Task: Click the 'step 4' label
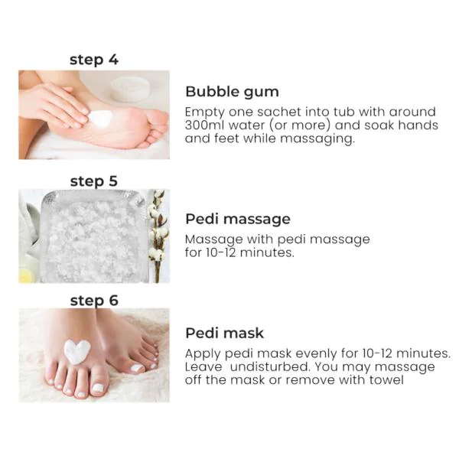point(94,59)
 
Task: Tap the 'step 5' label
point(94,181)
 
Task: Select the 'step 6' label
point(94,301)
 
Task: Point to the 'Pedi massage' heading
point(238,220)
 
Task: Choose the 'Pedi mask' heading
point(224,333)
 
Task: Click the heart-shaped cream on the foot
point(76,350)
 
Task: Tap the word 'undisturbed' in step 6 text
point(262,367)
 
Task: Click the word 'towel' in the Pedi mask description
point(387,380)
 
